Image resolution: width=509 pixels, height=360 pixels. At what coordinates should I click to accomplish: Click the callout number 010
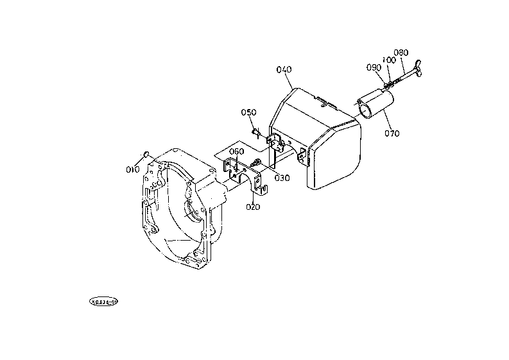(133, 169)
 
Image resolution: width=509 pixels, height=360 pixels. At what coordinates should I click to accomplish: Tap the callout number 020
(253, 207)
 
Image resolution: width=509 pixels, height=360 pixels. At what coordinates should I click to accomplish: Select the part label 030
(282, 178)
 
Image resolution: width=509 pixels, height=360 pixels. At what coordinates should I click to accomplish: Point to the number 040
(284, 69)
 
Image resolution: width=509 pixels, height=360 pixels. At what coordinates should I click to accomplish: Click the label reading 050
(249, 112)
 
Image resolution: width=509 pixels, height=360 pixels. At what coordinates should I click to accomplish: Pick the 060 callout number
(236, 151)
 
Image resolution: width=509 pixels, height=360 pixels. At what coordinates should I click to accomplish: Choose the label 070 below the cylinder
(392, 133)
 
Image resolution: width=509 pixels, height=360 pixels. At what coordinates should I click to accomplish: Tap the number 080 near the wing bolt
(401, 53)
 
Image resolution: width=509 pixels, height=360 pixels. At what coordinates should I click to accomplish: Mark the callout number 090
(374, 67)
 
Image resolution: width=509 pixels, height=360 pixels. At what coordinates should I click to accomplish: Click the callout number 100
(388, 60)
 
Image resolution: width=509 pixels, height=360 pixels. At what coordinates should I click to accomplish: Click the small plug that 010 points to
(146, 153)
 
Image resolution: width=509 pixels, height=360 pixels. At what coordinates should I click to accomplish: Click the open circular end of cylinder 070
(365, 110)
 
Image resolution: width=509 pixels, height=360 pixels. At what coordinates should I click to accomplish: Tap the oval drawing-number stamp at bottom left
(104, 300)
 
